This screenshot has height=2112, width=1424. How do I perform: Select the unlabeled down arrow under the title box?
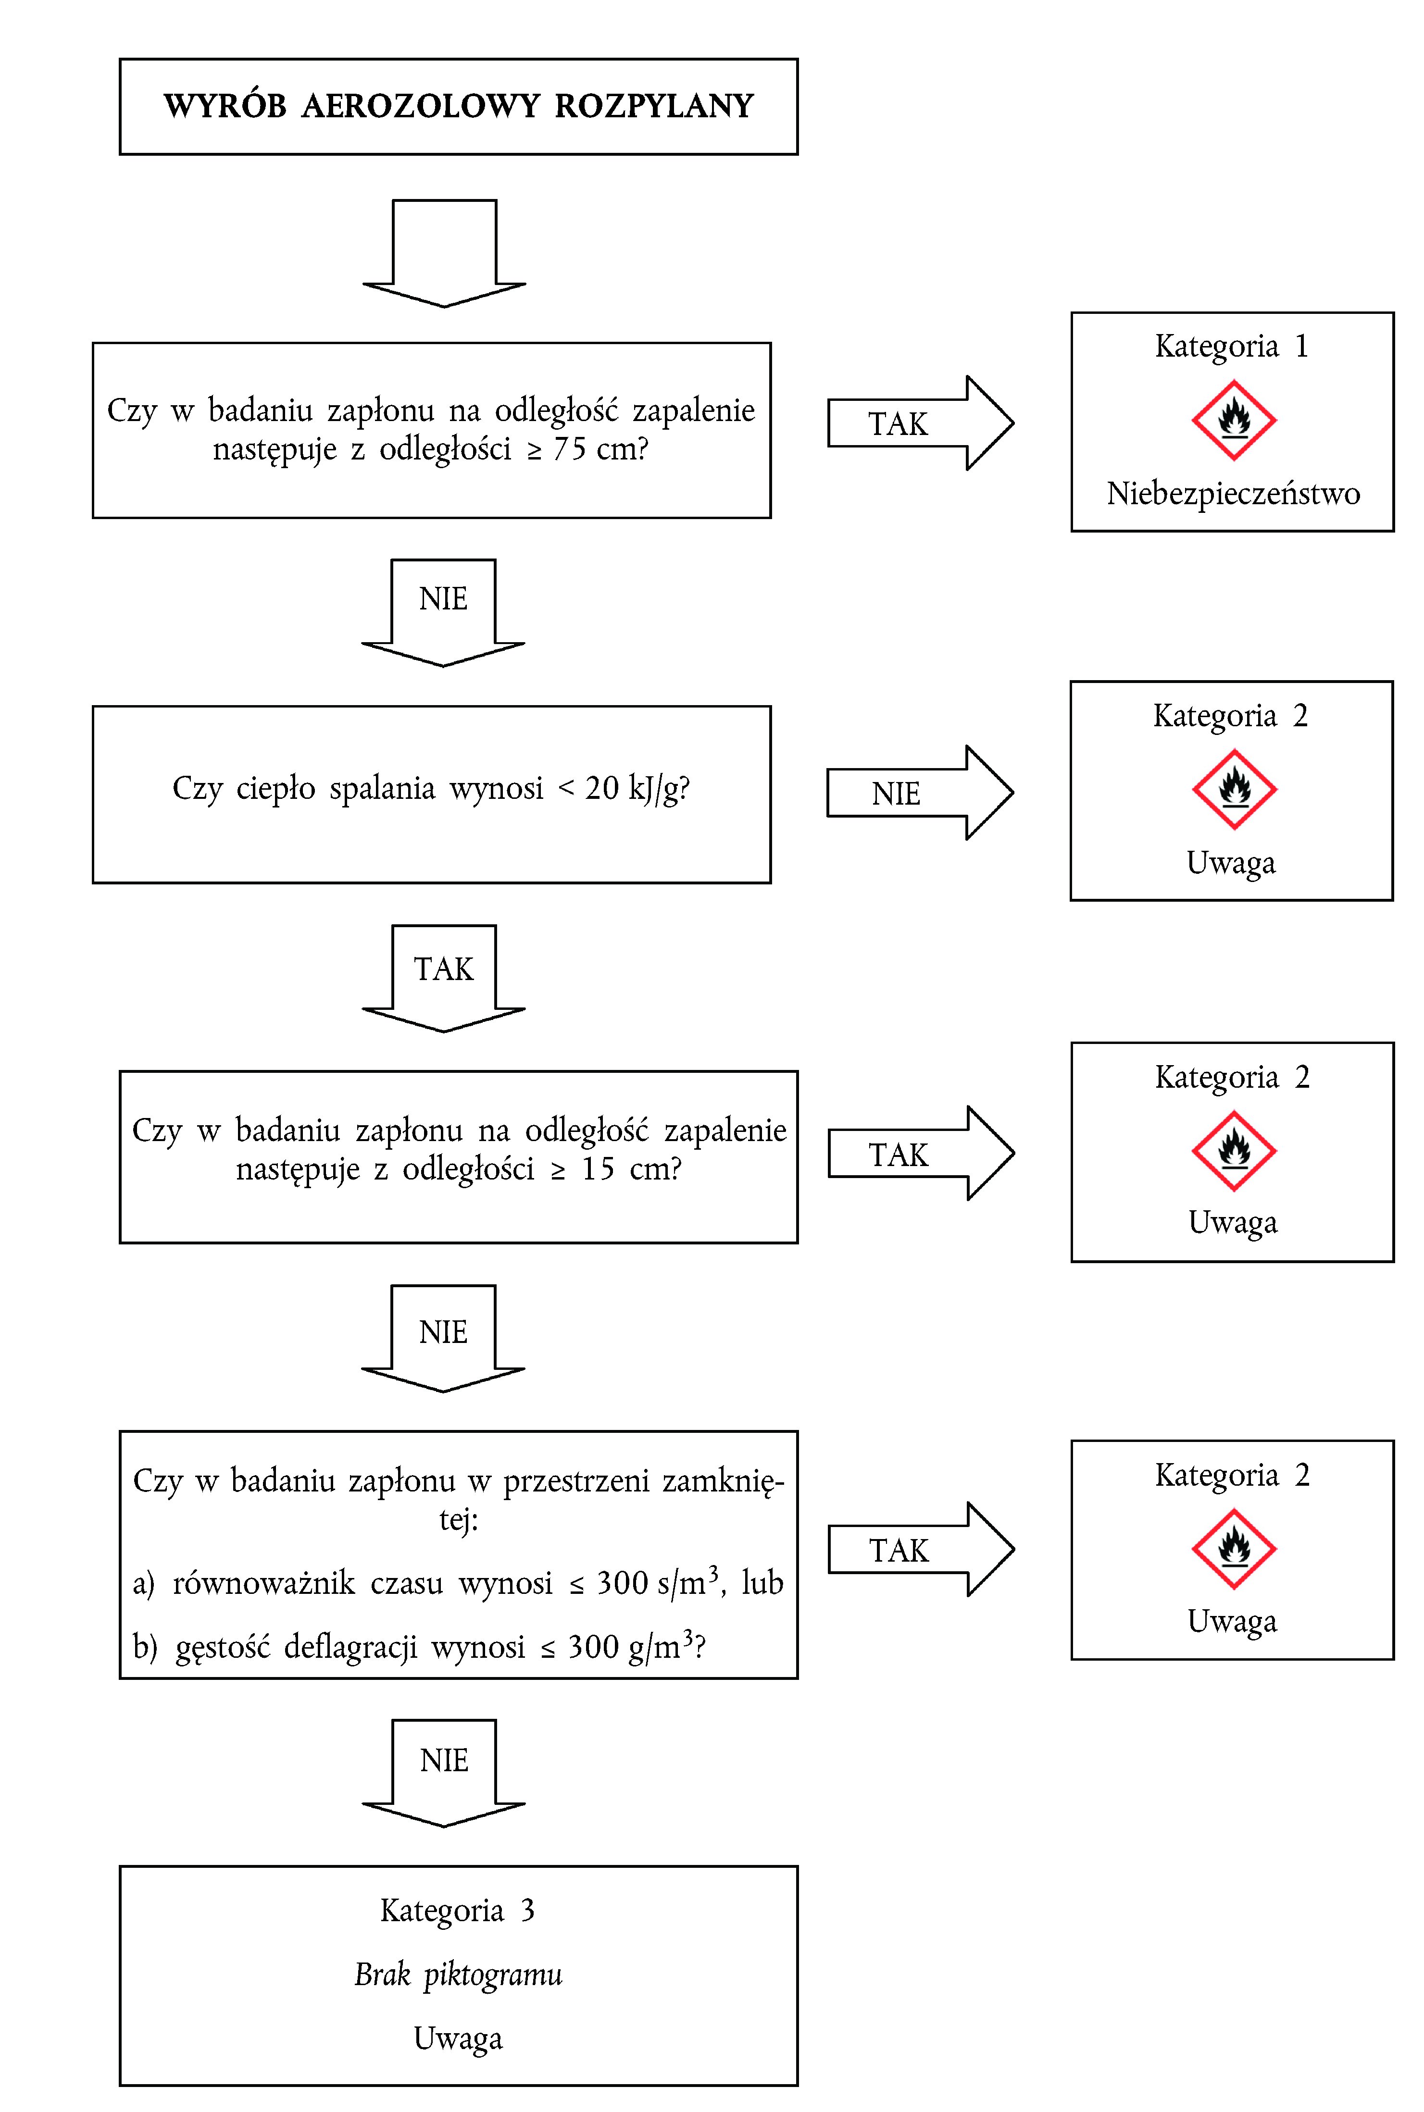(444, 252)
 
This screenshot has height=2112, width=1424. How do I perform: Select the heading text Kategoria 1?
(1232, 346)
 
